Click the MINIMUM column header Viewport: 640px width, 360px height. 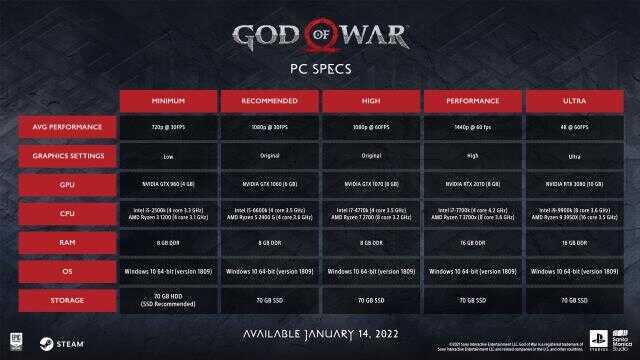click(x=168, y=100)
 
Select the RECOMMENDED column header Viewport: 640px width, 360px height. click(x=270, y=100)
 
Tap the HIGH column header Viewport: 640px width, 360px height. click(x=372, y=100)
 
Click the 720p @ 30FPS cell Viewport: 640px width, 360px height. click(x=168, y=128)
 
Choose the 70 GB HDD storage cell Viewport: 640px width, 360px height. click(x=168, y=298)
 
